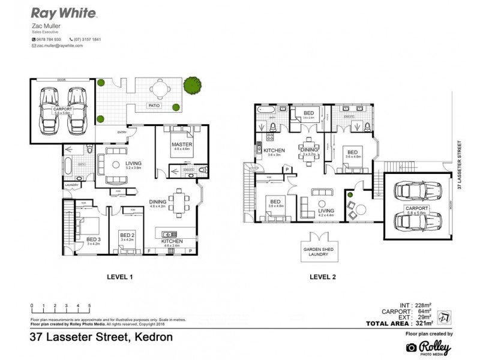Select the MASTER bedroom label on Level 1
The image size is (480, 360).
pyautogui.click(x=181, y=145)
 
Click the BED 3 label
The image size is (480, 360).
pyautogui.click(x=92, y=240)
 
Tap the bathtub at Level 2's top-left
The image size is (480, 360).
pyautogui.click(x=266, y=111)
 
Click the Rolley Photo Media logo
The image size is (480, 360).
pyautogui.click(x=428, y=347)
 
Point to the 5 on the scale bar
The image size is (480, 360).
pyautogui.click(x=89, y=306)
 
